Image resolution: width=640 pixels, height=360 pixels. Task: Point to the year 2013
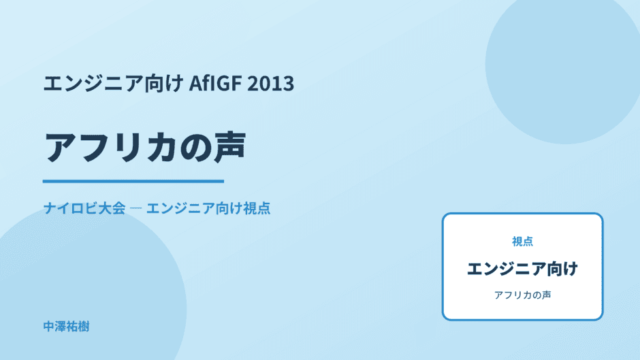[x=270, y=83]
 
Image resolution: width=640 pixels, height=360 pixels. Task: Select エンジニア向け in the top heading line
[x=113, y=83]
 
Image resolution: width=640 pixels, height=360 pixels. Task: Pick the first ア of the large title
[x=60, y=147]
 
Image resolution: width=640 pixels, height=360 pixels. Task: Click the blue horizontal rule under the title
[x=133, y=181]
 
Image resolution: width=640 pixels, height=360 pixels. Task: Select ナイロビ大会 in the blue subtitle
[x=84, y=208]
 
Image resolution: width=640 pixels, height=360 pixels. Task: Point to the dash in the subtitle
[x=135, y=208]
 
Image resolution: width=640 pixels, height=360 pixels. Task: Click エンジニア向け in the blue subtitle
[x=194, y=208]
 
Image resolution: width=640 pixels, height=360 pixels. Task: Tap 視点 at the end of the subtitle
[x=257, y=208]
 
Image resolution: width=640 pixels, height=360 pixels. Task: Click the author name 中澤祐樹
[x=66, y=327]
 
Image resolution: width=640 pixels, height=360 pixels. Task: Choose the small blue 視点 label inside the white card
[x=522, y=242]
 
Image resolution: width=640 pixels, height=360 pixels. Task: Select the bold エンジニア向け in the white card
[x=522, y=269]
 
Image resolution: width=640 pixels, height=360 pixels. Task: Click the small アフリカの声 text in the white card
[x=522, y=295]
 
